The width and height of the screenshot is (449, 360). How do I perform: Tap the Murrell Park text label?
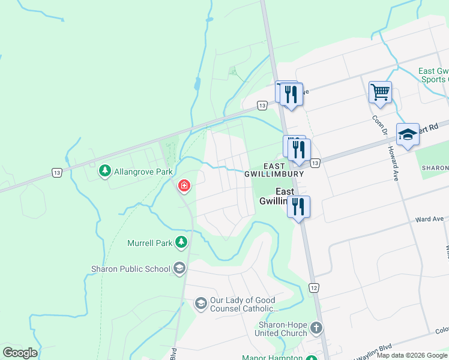(x=149, y=243)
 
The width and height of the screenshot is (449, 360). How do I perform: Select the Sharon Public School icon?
(x=179, y=268)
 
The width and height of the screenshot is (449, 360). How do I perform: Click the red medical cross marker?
(x=184, y=186)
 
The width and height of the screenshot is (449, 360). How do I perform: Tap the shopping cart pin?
(x=380, y=93)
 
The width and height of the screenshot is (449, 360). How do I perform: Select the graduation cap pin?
(x=408, y=134)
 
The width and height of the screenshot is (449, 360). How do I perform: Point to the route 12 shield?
(x=314, y=289)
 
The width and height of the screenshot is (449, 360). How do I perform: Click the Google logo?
(x=20, y=352)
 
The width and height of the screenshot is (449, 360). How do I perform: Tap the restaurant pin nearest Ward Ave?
(x=298, y=206)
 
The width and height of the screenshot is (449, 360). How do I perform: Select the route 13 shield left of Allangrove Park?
(x=56, y=173)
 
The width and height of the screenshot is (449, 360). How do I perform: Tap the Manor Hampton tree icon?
(x=311, y=358)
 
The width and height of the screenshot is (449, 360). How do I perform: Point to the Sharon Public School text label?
(x=130, y=269)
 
